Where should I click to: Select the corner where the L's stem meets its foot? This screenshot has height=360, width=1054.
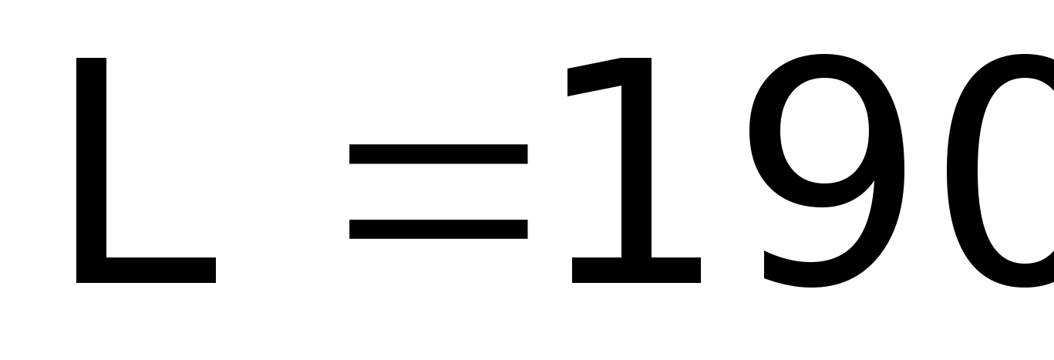92,271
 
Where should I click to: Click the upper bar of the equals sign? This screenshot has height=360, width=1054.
438,154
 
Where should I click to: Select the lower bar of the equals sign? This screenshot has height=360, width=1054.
438,229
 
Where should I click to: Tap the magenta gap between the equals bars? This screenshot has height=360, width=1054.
438,191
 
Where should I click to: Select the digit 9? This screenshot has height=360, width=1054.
827,170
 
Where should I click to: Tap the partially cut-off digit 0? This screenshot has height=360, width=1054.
1010,170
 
